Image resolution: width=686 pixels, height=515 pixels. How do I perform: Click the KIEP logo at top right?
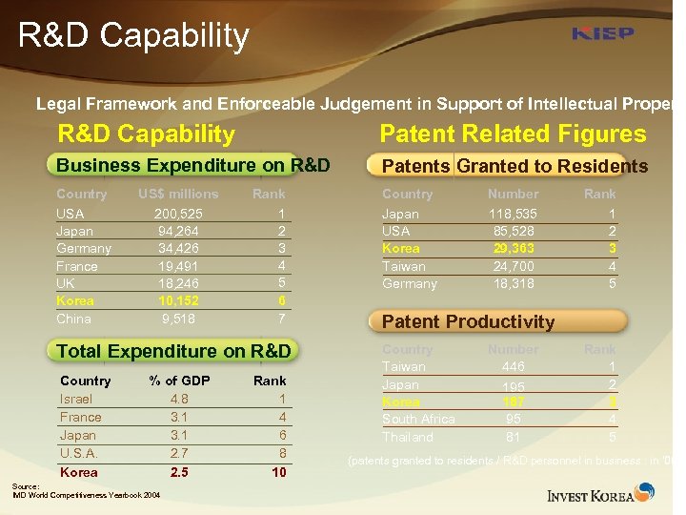tap(602, 34)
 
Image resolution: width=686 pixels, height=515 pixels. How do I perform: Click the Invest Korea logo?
tap(600, 493)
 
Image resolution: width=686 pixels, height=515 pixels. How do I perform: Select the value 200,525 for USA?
tap(178, 214)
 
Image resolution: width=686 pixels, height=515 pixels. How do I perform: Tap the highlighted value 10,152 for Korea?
tap(178, 300)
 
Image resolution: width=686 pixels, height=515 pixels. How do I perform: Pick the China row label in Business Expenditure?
tap(73, 319)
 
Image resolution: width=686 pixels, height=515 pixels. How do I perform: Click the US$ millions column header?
tap(178, 194)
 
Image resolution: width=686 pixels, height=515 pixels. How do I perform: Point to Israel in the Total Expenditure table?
tap(76, 399)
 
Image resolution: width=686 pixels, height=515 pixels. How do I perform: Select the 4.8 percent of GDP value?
tap(179, 399)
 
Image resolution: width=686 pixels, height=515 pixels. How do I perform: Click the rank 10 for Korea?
tap(278, 472)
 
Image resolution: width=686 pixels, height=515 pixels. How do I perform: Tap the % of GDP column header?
tap(179, 381)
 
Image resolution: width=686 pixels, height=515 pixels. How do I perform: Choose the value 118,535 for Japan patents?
tap(513, 214)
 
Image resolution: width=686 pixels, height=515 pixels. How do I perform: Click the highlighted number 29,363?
tap(513, 248)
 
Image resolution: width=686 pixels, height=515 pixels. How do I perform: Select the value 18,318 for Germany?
tap(513, 283)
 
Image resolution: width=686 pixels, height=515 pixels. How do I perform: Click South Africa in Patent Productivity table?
tap(418, 420)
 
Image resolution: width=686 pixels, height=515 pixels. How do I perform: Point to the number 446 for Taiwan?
tap(513, 366)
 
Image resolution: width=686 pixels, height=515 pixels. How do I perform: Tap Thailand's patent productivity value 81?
tap(513, 437)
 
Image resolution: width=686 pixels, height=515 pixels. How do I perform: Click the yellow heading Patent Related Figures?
tap(513, 134)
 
